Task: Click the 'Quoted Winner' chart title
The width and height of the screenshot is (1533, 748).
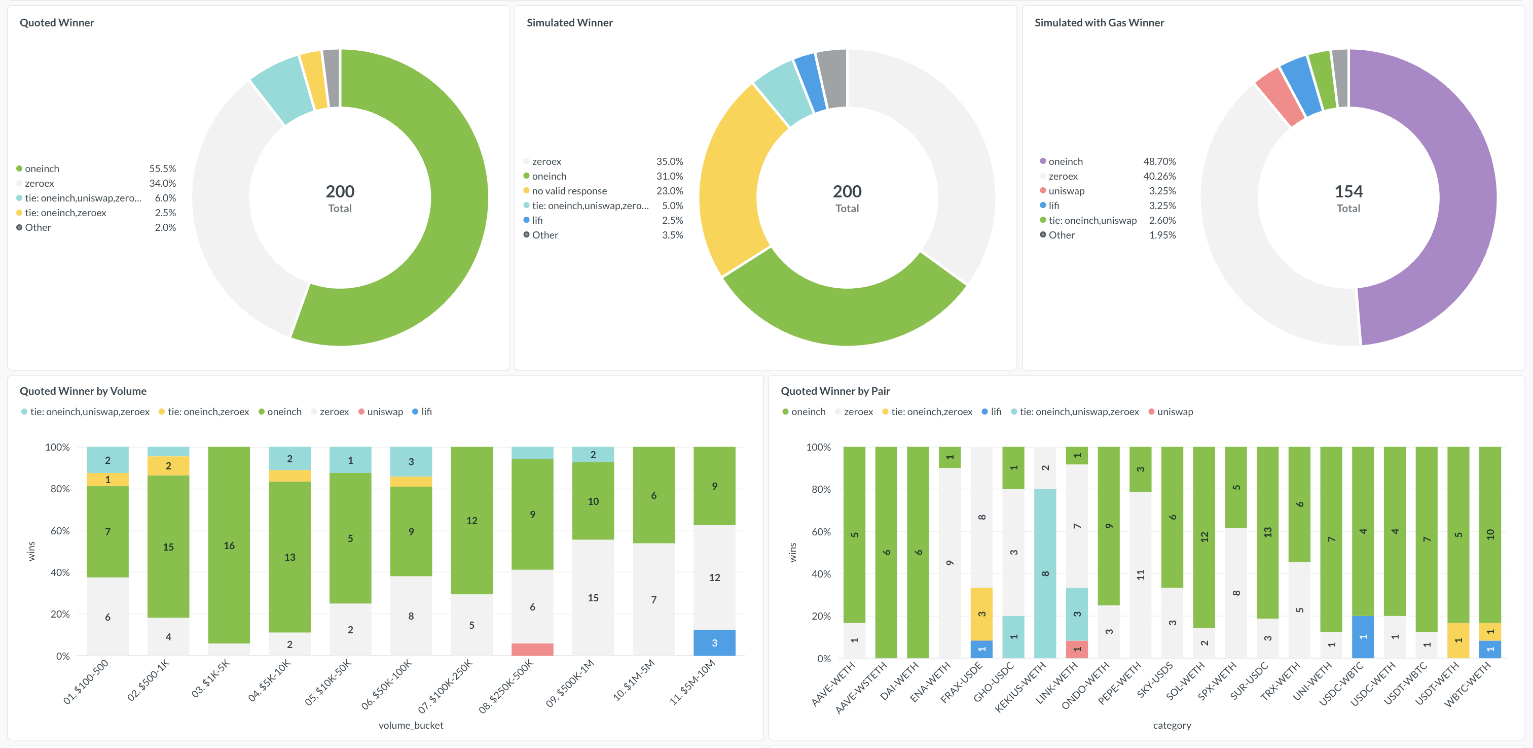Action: tap(57, 23)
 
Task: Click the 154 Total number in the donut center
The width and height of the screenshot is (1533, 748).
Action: tap(1348, 191)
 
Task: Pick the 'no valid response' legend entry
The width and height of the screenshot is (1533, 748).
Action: tap(565, 191)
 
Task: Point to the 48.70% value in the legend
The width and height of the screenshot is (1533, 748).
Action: tap(1159, 161)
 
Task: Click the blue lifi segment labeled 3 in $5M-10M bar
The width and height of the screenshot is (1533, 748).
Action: tap(714, 642)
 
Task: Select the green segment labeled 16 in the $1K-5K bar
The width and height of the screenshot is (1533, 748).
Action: tap(229, 545)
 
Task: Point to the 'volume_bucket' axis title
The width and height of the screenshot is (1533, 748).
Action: tap(411, 725)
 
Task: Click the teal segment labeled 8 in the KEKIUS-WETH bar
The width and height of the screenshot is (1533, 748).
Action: tap(1045, 573)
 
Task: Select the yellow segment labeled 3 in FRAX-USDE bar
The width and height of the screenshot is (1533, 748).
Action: tap(981, 614)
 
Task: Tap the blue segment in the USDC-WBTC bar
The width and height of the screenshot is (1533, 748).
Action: tap(1363, 637)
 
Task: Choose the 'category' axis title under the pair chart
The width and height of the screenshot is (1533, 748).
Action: tap(1172, 725)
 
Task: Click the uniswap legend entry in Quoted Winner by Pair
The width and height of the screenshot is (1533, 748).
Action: tap(1171, 412)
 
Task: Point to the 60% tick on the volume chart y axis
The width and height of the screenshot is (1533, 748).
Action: tap(60, 531)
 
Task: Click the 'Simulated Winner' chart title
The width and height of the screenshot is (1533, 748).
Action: tap(569, 23)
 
